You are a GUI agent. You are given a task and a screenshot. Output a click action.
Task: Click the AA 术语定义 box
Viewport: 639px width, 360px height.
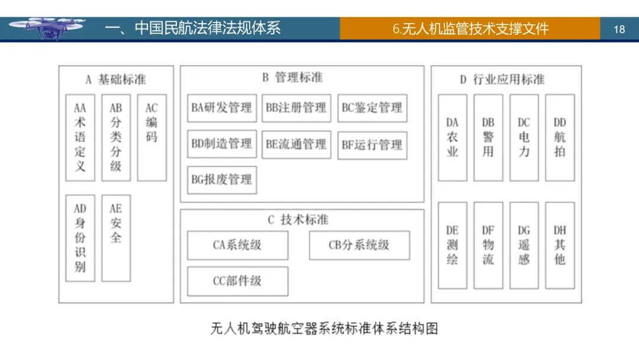[x=80, y=137]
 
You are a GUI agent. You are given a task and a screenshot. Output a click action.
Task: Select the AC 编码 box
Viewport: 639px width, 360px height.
[x=151, y=137]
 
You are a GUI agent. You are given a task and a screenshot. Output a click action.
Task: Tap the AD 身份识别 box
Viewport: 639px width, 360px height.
[x=80, y=237]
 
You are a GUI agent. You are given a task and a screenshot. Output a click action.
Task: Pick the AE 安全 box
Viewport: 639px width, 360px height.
[x=116, y=237]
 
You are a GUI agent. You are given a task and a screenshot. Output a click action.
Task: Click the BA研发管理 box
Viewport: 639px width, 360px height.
[x=222, y=108]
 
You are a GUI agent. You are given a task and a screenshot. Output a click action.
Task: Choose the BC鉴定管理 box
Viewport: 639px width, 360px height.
[x=372, y=108]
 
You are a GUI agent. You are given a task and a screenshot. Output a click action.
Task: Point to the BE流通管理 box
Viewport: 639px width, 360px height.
[x=296, y=144]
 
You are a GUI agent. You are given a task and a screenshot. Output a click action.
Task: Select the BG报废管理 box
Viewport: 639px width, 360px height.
[x=222, y=179]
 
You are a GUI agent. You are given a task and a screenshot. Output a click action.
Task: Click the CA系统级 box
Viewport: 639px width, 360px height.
[x=238, y=245]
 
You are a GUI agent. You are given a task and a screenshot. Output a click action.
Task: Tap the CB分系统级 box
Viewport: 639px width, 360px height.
[x=359, y=245]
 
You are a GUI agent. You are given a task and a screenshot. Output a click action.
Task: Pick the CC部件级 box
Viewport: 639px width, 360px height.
[x=238, y=281]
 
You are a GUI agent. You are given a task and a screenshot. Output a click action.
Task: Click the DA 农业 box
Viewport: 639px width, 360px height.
[x=453, y=137]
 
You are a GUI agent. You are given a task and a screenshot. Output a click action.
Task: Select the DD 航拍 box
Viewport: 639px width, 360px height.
[x=560, y=137]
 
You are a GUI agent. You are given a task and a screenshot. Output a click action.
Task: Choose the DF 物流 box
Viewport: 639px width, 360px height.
[x=488, y=245]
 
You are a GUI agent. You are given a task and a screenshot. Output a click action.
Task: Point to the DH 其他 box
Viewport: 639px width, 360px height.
[x=560, y=245]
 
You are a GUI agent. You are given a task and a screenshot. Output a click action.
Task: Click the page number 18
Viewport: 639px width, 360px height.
[x=619, y=29]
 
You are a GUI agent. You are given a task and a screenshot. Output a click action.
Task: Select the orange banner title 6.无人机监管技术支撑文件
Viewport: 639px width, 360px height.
[x=470, y=29]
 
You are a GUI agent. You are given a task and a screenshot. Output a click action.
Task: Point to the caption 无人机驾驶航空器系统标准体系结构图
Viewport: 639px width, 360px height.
[x=324, y=328]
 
